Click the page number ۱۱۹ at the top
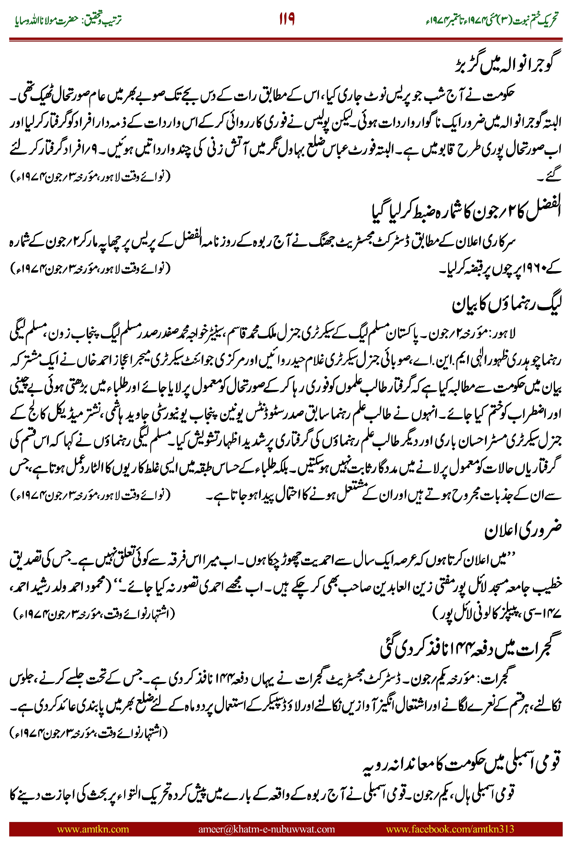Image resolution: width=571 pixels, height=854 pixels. click(x=287, y=19)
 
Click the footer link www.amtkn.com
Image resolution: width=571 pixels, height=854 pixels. click(x=93, y=829)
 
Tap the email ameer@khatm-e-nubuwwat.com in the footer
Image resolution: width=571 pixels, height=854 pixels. click(x=266, y=829)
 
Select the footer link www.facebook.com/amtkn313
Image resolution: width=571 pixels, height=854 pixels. click(x=450, y=829)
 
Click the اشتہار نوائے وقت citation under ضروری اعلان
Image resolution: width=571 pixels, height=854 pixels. click(x=94, y=614)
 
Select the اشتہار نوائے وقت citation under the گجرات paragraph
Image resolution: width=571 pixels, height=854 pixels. click(x=89, y=732)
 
